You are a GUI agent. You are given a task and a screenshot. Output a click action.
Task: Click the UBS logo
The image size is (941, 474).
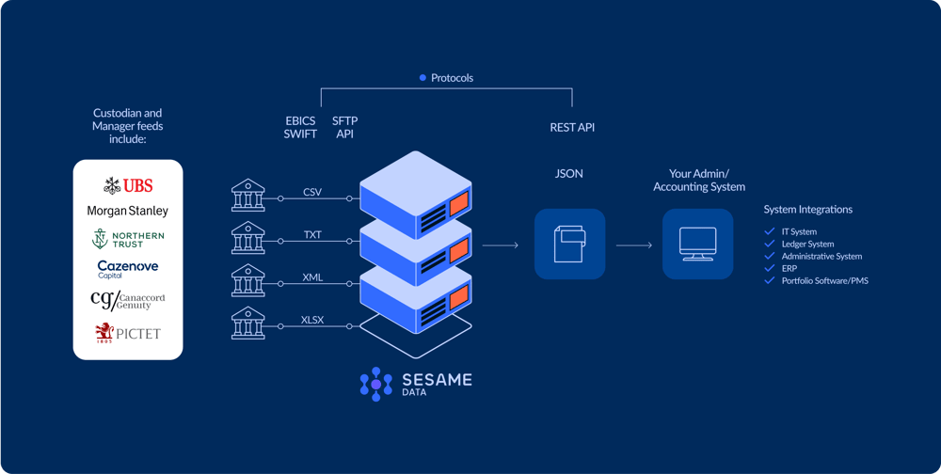coord(128,185)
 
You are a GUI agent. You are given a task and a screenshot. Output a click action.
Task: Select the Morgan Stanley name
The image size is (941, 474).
coord(128,211)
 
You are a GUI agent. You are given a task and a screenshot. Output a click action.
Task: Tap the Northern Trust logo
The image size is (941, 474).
coord(128,239)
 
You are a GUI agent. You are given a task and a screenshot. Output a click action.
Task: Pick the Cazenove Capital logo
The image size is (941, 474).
coord(128,269)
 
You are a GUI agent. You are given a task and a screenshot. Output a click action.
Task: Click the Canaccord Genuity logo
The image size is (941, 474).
coord(128,300)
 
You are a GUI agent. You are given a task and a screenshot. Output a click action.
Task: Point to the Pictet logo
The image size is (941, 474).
coord(128,332)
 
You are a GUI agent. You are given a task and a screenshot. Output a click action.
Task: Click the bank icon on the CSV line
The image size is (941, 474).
coord(248,197)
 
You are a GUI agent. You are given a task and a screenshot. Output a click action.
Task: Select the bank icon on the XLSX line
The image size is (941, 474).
coord(248,324)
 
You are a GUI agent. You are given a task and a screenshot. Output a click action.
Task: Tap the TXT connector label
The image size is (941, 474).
coord(312,234)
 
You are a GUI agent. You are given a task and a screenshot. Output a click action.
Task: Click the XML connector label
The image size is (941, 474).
coord(312,276)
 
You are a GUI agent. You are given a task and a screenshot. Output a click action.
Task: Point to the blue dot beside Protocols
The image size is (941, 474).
coord(423,78)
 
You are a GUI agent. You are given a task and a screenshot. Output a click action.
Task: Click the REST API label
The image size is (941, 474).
coord(572,127)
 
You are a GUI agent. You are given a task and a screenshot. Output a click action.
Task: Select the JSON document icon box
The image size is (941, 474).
coord(569,244)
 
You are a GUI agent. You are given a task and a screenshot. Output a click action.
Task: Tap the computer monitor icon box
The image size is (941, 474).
coord(697,244)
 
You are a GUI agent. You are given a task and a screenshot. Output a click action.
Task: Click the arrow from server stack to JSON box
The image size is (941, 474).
coord(500,245)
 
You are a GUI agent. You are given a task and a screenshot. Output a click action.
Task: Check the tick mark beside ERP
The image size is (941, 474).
coord(771,268)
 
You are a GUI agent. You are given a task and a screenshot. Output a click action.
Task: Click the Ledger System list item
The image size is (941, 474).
coord(807,244)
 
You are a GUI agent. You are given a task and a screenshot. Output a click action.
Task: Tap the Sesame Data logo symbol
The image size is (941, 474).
coord(376,384)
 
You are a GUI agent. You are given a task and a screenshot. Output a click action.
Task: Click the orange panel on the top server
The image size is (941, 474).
coord(458,202)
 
